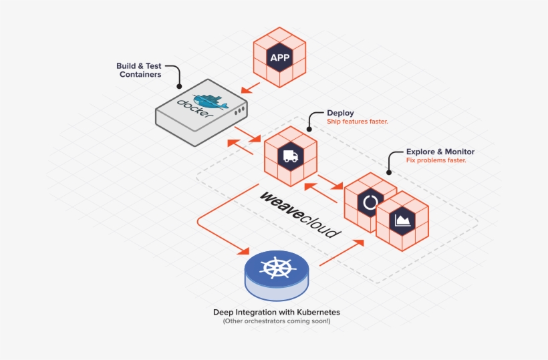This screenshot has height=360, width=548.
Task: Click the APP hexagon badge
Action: pyautogui.click(x=279, y=57)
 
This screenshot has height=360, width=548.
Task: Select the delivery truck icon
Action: pyautogui.click(x=291, y=156)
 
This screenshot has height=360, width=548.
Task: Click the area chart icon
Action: pyautogui.click(x=402, y=220)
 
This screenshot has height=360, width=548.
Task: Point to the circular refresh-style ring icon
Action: pyautogui.click(x=370, y=202)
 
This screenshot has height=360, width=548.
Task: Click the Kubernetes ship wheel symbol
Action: pyautogui.click(x=277, y=268)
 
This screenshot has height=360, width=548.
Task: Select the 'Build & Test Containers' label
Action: pyautogui.click(x=139, y=70)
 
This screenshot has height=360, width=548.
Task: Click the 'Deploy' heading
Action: pyautogui.click(x=340, y=113)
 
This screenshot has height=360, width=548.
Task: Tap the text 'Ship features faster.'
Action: pyautogui.click(x=358, y=122)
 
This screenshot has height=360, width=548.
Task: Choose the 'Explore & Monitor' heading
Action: pyautogui.click(x=440, y=152)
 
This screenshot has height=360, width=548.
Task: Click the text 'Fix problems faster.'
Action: pyautogui.click(x=436, y=160)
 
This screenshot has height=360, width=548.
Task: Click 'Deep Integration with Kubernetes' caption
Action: pyautogui.click(x=277, y=312)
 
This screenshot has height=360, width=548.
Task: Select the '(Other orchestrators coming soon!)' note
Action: pyautogui.click(x=277, y=321)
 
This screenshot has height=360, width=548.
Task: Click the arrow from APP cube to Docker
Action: pyautogui.click(x=251, y=87)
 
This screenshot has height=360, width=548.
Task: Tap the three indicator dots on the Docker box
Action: pyautogui.click(x=240, y=111)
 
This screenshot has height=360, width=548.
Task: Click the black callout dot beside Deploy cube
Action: pyautogui.click(x=309, y=129)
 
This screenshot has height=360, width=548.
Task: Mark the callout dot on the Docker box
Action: pyautogui.click(x=179, y=86)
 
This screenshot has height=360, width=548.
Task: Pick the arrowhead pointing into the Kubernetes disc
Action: pyautogui.click(x=243, y=250)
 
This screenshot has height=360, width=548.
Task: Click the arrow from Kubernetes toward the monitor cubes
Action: pyautogui.click(x=341, y=252)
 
